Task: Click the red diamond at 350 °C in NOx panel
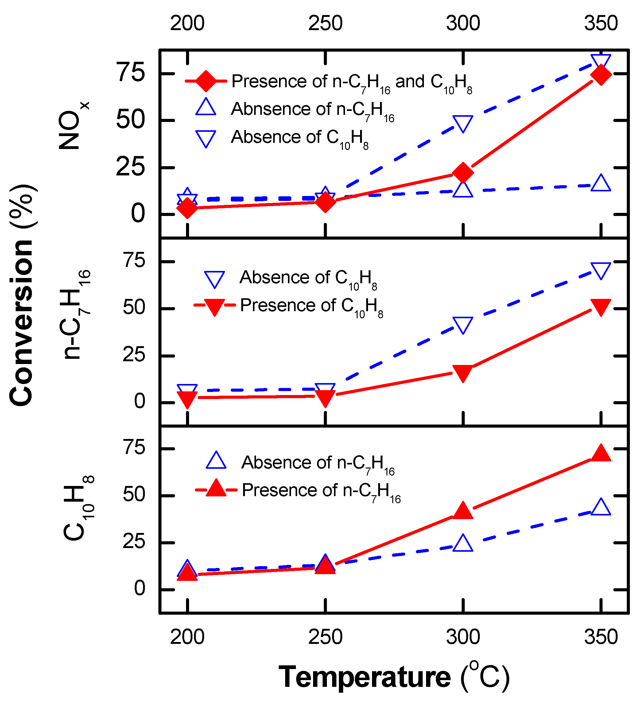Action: click(x=600, y=75)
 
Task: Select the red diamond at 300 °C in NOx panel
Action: click(x=463, y=172)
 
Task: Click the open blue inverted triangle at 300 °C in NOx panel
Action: click(x=463, y=123)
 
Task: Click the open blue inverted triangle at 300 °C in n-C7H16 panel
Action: click(x=463, y=325)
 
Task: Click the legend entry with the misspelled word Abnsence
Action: click(x=313, y=110)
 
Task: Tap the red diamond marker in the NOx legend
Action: click(x=206, y=81)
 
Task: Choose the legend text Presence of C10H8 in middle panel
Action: click(x=311, y=306)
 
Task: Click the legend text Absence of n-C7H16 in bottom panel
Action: click(x=318, y=464)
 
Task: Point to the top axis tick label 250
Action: click(x=325, y=23)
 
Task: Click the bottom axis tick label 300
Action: click(x=463, y=637)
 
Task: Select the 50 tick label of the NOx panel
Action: click(x=130, y=120)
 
